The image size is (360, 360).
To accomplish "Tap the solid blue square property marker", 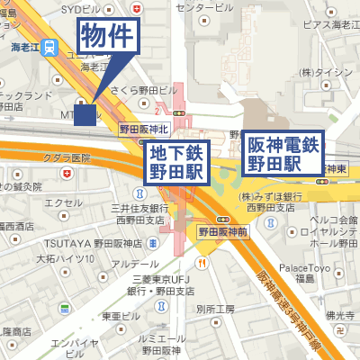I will point(85,114).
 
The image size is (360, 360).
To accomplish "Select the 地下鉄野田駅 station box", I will point(178,162).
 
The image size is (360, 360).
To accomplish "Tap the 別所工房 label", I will point(217,309).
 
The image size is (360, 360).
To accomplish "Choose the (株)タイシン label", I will point(327,71).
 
